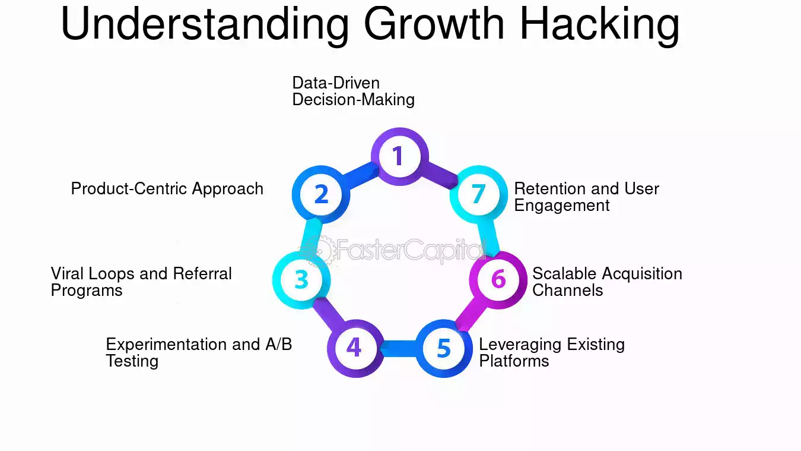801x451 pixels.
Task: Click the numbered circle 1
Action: click(397, 156)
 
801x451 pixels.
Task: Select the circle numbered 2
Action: click(321, 194)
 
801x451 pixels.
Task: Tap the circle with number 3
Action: click(301, 279)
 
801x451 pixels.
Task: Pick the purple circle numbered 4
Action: click(354, 348)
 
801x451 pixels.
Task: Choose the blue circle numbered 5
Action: click(444, 348)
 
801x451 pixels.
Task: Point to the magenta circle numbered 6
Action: click(498, 279)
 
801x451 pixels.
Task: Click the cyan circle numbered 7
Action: click(478, 194)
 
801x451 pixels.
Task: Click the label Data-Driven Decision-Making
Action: click(353, 91)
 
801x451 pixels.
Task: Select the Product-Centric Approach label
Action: click(167, 189)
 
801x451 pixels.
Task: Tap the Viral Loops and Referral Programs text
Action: click(141, 282)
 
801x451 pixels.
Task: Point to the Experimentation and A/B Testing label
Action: click(199, 352)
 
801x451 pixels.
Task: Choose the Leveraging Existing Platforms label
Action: click(551, 352)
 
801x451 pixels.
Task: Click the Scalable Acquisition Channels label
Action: click(606, 282)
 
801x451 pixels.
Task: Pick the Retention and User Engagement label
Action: click(586, 197)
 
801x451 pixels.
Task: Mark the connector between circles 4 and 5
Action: click(399, 348)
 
